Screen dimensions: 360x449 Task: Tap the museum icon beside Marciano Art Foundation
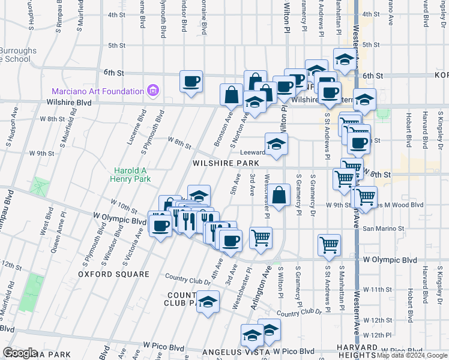click(152, 91)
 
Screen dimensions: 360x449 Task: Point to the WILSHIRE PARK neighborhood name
click(226, 163)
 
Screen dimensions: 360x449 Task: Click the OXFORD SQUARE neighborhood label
click(113, 274)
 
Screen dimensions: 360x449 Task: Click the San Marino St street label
click(383, 229)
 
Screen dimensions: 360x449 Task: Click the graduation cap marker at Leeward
click(276, 144)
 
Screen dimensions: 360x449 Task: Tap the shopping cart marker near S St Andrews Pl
click(330, 244)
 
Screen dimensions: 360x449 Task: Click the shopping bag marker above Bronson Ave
click(231, 94)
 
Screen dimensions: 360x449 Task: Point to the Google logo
click(20, 353)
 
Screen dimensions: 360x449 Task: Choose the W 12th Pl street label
click(376, 335)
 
